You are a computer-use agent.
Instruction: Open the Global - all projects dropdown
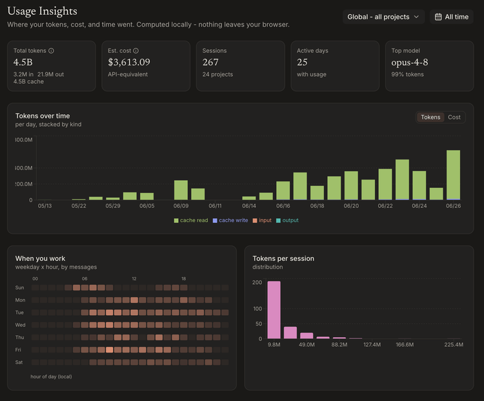click(383, 17)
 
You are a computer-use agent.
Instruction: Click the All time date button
click(451, 17)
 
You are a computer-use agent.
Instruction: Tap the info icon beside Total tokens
click(51, 50)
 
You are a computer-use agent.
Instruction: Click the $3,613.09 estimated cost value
click(129, 62)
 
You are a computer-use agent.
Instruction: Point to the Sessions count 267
click(210, 62)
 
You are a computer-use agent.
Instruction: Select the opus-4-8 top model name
click(410, 63)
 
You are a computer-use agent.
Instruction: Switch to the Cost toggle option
click(454, 117)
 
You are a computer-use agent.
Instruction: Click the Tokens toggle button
click(430, 117)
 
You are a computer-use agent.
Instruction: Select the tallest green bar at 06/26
click(453, 175)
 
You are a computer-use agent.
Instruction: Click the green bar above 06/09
click(181, 190)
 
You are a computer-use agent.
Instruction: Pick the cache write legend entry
click(230, 220)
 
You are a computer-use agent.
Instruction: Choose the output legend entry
click(287, 220)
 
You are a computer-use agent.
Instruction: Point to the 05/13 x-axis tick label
click(45, 206)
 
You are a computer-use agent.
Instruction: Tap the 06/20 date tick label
click(351, 206)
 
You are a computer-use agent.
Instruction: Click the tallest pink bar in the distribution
click(274, 310)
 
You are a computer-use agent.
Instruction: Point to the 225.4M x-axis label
click(454, 344)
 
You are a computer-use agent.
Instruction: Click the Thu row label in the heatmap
click(19, 337)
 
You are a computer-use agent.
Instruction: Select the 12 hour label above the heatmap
click(134, 279)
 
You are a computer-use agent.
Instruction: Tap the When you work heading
click(40, 258)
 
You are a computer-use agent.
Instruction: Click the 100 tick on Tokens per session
click(257, 309)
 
